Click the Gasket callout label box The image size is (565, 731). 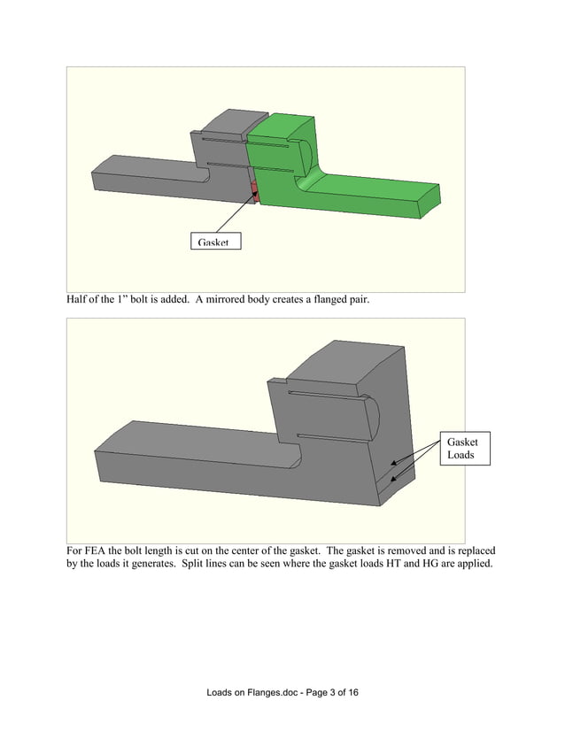click(x=215, y=241)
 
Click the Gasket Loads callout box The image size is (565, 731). click(x=461, y=449)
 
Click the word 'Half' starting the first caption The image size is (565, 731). click(x=78, y=300)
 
